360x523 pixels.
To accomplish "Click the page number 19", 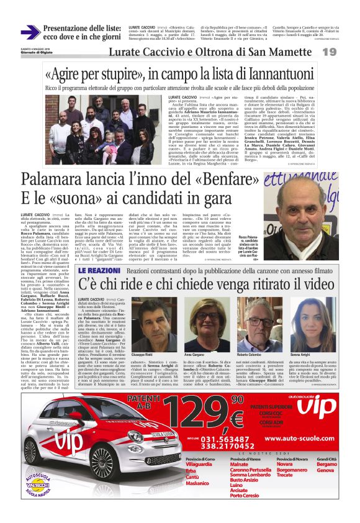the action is pyautogui.click(x=346, y=52).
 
